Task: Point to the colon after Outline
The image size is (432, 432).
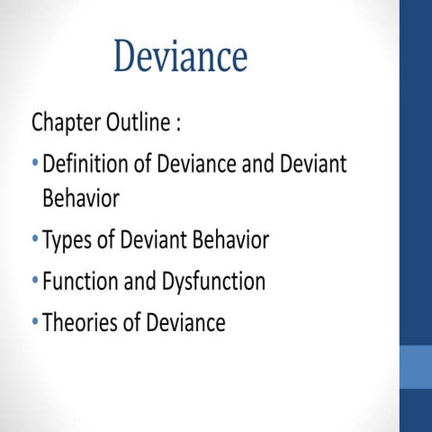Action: click(180, 124)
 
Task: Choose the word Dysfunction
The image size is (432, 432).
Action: click(215, 282)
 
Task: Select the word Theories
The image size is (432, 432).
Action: click(82, 322)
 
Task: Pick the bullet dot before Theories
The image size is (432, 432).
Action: click(34, 322)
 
